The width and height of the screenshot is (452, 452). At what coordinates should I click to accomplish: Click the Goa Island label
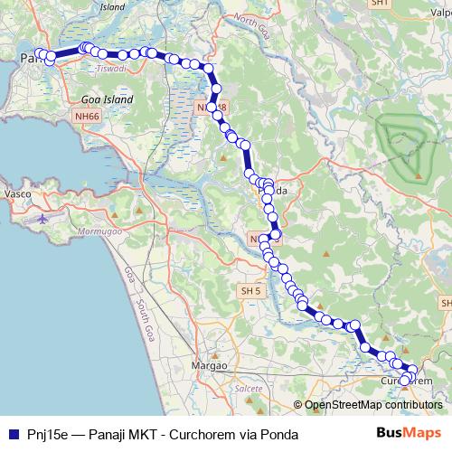(x=108, y=99)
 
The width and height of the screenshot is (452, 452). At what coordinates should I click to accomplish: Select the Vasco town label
(x=19, y=194)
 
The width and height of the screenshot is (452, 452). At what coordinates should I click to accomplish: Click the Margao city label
(x=210, y=365)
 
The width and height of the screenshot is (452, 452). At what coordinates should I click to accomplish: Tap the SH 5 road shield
(x=250, y=291)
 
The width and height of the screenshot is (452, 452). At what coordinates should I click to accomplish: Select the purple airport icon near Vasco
(x=42, y=219)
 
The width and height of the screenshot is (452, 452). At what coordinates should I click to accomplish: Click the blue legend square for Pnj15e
(x=12, y=435)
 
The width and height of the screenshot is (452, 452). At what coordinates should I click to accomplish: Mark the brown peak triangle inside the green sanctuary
(x=419, y=174)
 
